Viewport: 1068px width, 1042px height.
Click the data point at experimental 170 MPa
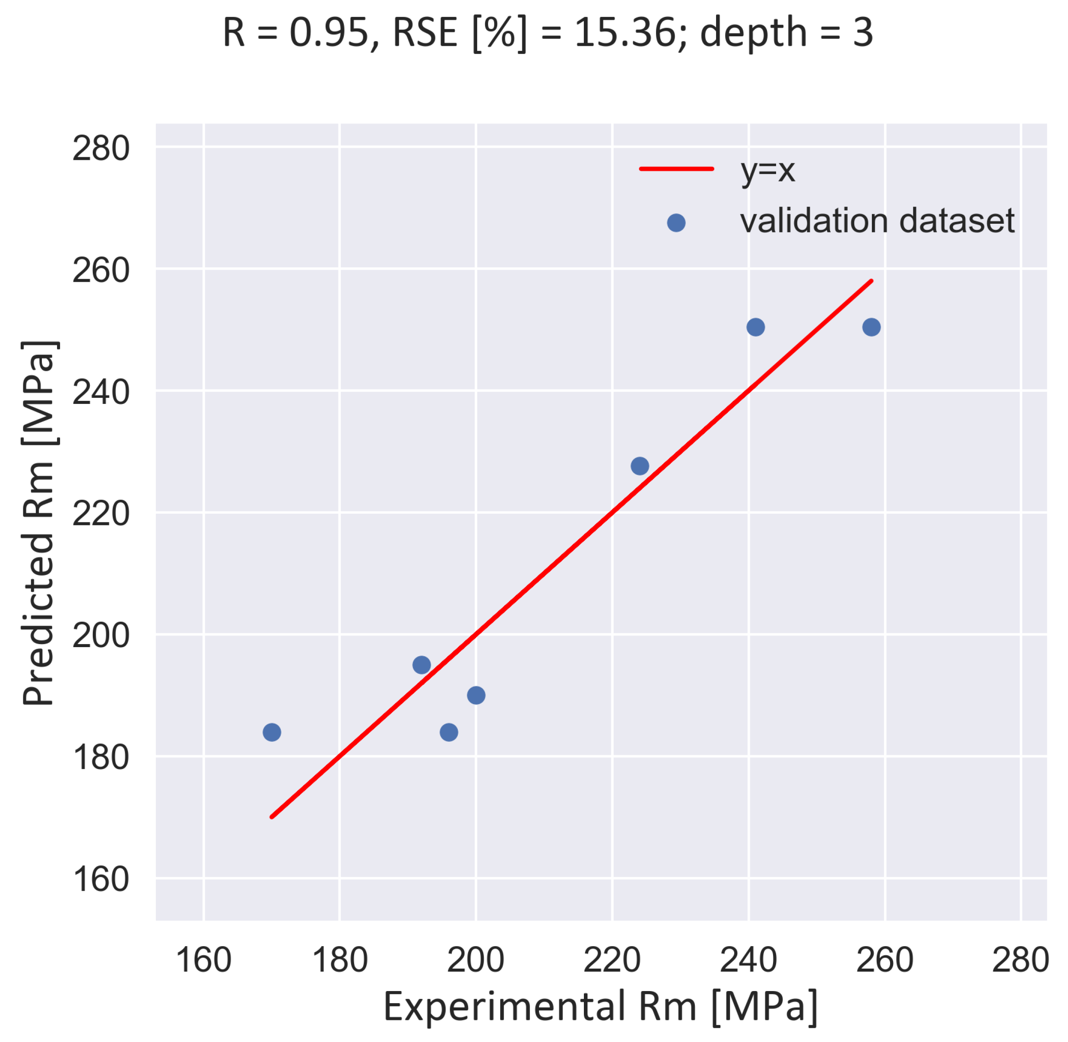[x=272, y=732]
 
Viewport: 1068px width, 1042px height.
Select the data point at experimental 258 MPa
[x=872, y=327]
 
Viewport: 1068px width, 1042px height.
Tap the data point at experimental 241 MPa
[x=756, y=327]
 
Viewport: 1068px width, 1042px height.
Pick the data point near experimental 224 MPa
[x=640, y=466]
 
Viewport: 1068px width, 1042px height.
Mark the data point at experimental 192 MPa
[x=422, y=665]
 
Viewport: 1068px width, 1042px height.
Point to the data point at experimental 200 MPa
[x=476, y=696]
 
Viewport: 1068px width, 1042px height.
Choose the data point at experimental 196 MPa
[x=449, y=732]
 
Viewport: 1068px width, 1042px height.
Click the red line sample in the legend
[x=677, y=168]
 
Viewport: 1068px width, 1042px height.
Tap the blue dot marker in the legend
[x=676, y=223]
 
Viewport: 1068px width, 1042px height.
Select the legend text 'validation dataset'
[x=877, y=221]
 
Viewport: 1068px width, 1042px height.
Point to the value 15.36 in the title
[x=625, y=33]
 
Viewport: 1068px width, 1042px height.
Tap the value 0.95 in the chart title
[x=329, y=33]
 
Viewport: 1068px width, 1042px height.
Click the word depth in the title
[x=754, y=33]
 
